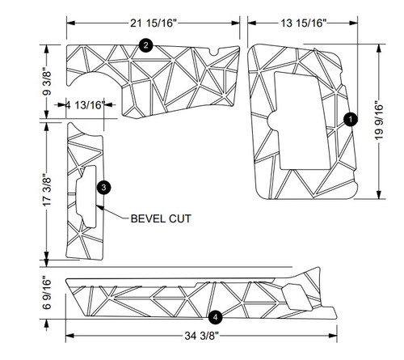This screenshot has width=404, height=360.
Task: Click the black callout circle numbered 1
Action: click(350, 119)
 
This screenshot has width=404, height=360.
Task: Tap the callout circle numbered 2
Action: click(145, 45)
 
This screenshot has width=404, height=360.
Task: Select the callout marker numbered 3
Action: click(104, 187)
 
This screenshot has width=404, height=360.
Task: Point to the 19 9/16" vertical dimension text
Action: click(388, 118)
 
